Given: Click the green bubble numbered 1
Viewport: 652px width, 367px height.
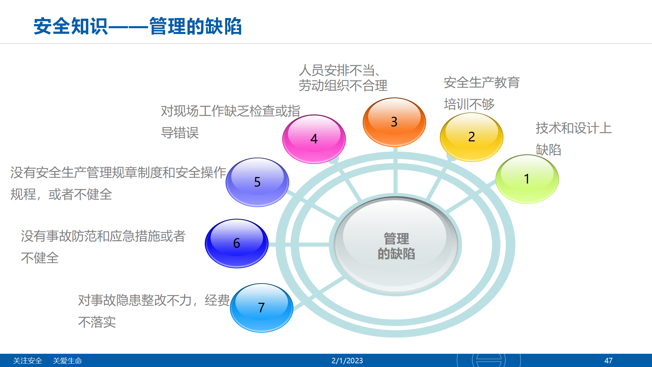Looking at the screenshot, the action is (527, 179).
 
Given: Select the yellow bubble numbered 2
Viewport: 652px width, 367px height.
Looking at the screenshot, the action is (472, 137).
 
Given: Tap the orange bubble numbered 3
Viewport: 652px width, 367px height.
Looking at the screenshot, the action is (394, 122).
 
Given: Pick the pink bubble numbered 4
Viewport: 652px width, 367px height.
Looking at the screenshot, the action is (314, 139).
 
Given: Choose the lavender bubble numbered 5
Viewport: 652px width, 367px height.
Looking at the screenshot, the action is (257, 182).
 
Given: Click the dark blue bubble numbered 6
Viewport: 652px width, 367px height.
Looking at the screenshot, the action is (237, 243).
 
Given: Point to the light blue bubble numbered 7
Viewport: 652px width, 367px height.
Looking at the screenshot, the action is (261, 308).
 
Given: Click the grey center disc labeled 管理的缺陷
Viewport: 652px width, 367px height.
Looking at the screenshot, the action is (396, 245).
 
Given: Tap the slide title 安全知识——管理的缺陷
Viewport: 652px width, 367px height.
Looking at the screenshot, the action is (138, 26).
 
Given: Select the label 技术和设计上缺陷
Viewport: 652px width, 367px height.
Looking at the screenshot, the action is (574, 139).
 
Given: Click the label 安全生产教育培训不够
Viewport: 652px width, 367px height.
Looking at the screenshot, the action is (482, 93).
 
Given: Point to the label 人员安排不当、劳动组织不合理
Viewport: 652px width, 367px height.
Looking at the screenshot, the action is (343, 78).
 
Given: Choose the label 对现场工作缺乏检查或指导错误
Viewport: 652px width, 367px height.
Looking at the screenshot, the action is (231, 122).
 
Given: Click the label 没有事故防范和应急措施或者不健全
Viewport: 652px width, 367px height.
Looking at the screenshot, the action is (103, 247).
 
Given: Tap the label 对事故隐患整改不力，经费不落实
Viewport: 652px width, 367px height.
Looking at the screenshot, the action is (154, 311).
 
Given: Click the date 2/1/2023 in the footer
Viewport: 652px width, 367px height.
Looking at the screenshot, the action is (347, 361).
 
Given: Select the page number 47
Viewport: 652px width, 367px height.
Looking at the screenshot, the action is (609, 361).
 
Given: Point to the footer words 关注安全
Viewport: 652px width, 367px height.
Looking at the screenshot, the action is (28, 361).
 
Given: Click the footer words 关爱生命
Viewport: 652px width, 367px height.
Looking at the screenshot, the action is (67, 361).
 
